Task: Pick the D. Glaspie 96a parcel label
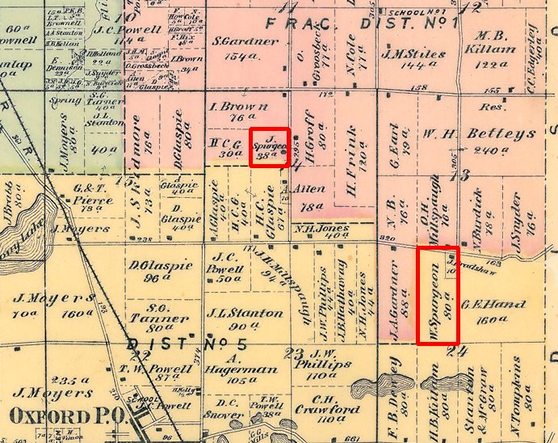(x=161, y=271)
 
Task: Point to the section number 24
(x=461, y=352)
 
